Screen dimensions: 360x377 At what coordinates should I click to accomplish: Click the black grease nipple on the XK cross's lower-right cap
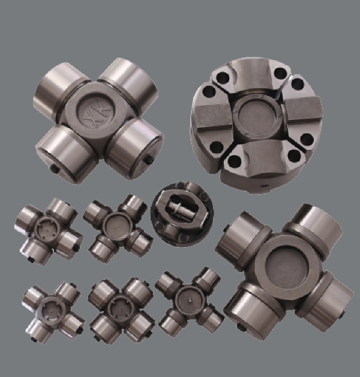click(x=149, y=159)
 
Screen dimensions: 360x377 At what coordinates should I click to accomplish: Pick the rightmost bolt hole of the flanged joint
click(x=307, y=139)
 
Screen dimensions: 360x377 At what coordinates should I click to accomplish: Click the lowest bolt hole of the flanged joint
click(x=234, y=162)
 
